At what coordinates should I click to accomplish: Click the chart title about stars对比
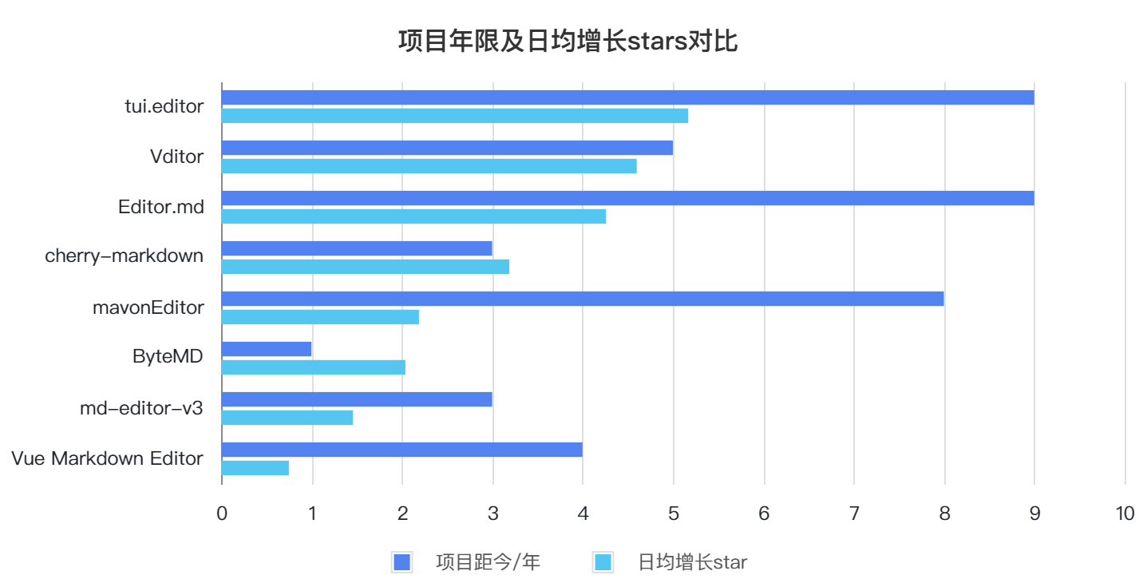568,41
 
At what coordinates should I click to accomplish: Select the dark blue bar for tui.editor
627,97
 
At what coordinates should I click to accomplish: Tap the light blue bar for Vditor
429,166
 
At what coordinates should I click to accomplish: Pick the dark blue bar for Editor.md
627,198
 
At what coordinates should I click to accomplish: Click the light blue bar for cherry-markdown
365,267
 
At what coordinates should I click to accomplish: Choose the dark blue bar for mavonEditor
583,299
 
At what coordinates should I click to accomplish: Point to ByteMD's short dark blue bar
267,349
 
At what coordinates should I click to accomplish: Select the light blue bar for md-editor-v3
287,418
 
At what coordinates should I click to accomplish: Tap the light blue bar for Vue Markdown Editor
255,468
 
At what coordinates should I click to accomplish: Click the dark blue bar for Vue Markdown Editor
401,450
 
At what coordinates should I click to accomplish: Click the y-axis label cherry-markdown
124,256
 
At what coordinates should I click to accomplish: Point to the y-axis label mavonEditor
148,307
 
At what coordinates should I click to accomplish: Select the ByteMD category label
168,357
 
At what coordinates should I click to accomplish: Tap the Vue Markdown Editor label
107,458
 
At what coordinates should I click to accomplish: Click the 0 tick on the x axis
222,514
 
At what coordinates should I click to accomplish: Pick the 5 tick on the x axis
673,514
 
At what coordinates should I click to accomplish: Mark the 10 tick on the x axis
1125,514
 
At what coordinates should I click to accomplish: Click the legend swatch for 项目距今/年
401,562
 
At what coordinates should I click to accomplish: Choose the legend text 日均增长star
692,562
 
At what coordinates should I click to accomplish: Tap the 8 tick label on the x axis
944,514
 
